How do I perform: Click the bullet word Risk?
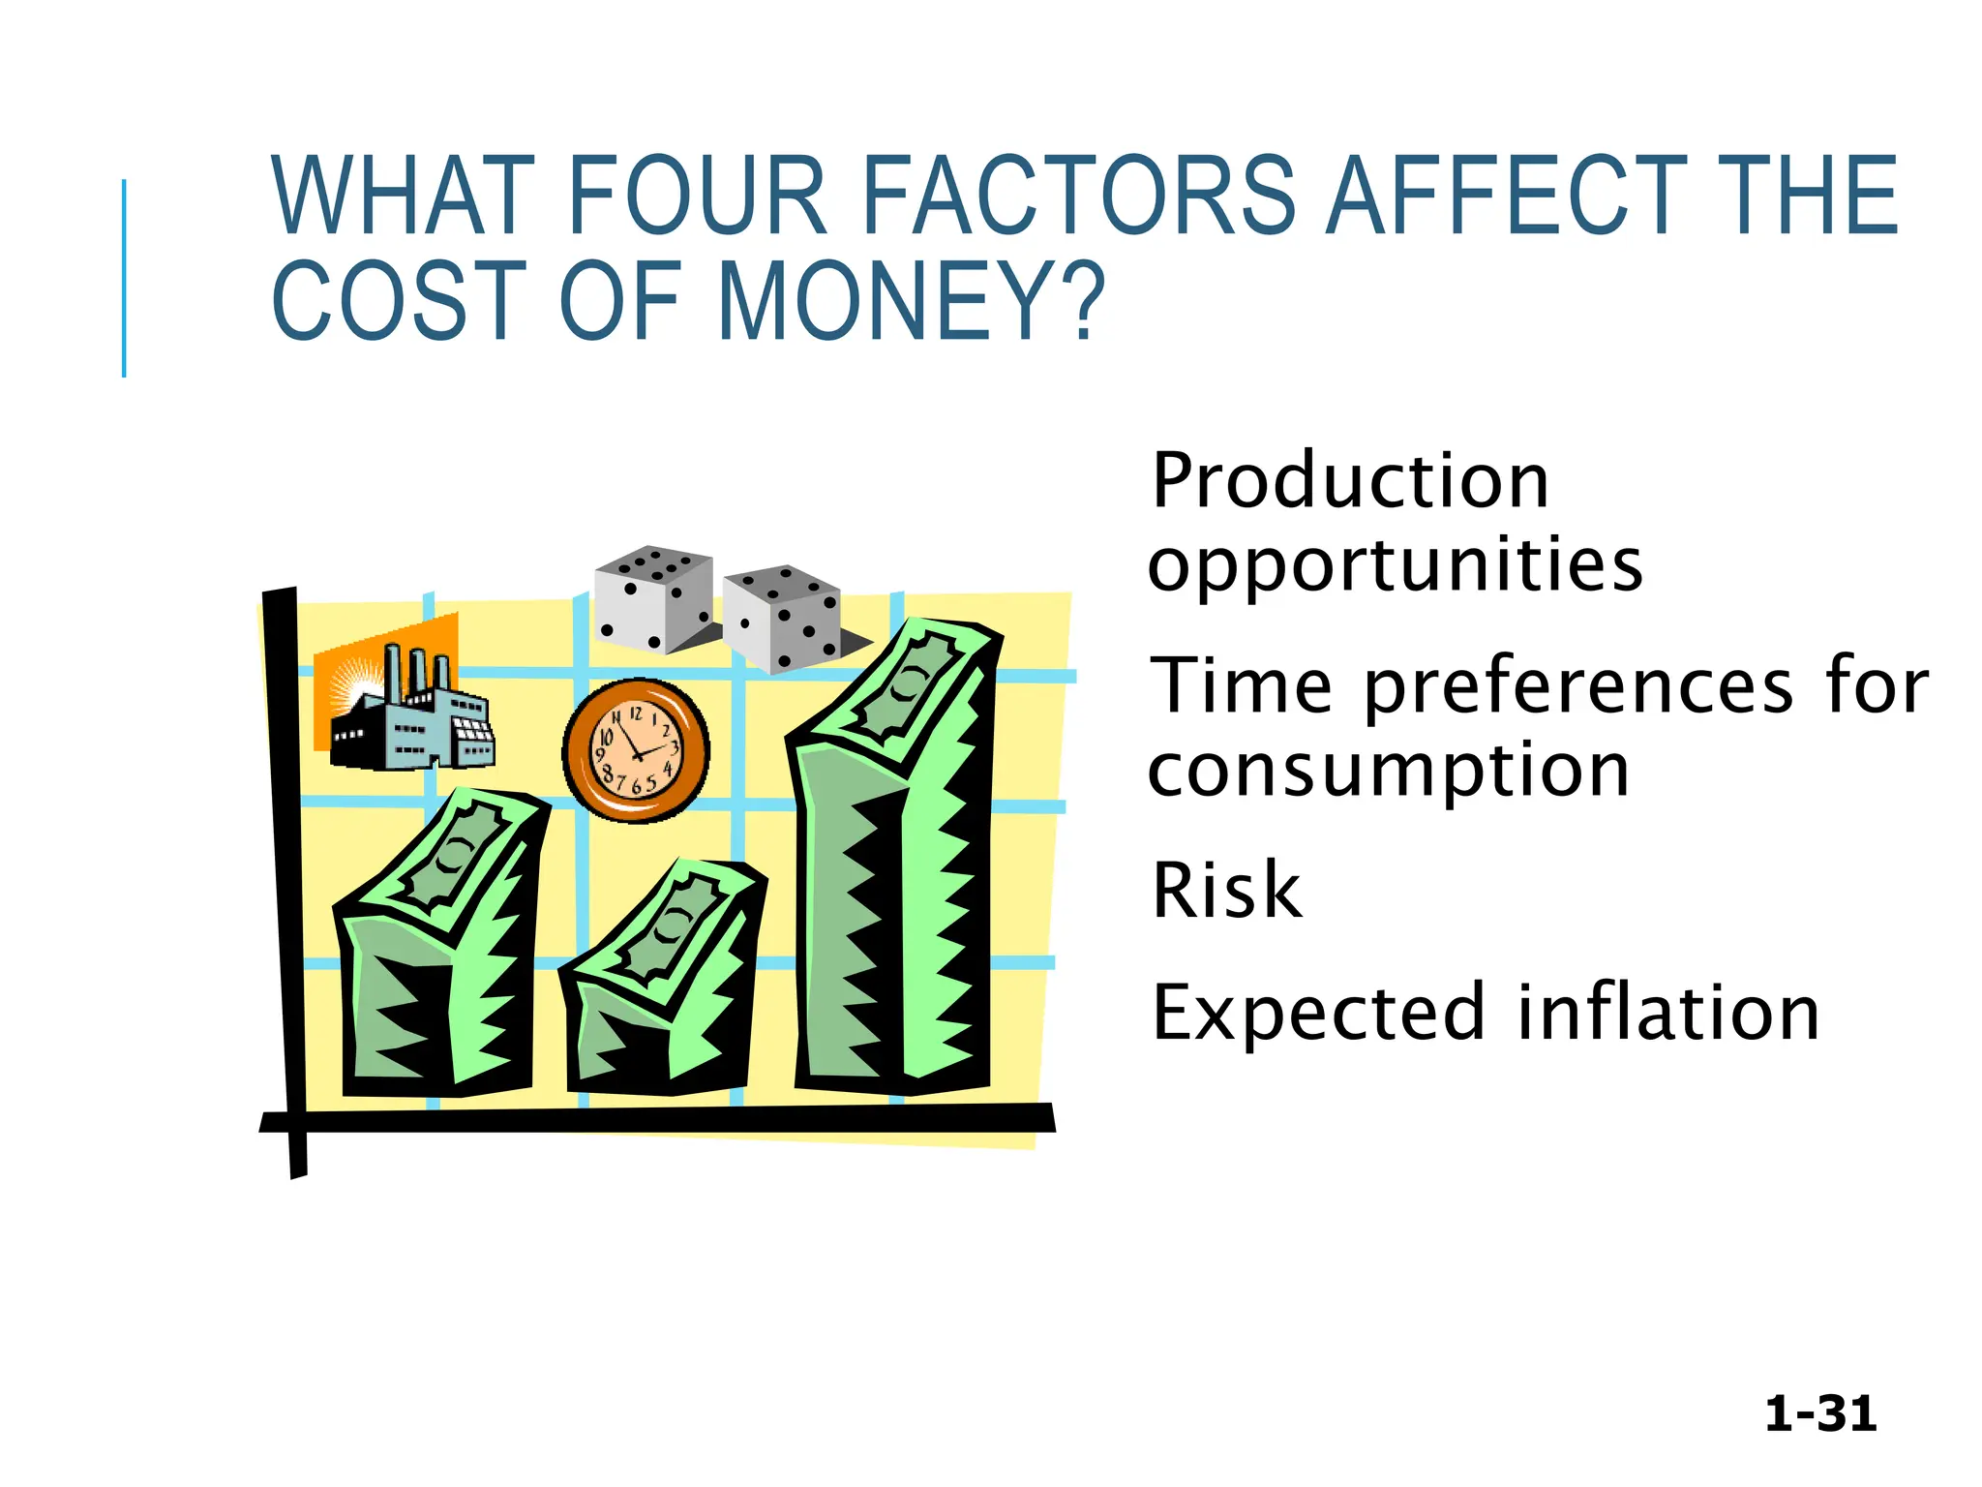click(1226, 891)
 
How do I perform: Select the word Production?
click(1350, 481)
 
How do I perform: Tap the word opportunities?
click(1395, 565)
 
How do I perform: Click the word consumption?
click(1389, 771)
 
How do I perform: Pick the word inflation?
click(1668, 1013)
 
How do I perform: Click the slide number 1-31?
click(1820, 1414)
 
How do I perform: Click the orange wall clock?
click(636, 750)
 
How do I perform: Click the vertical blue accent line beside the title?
click(124, 279)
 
